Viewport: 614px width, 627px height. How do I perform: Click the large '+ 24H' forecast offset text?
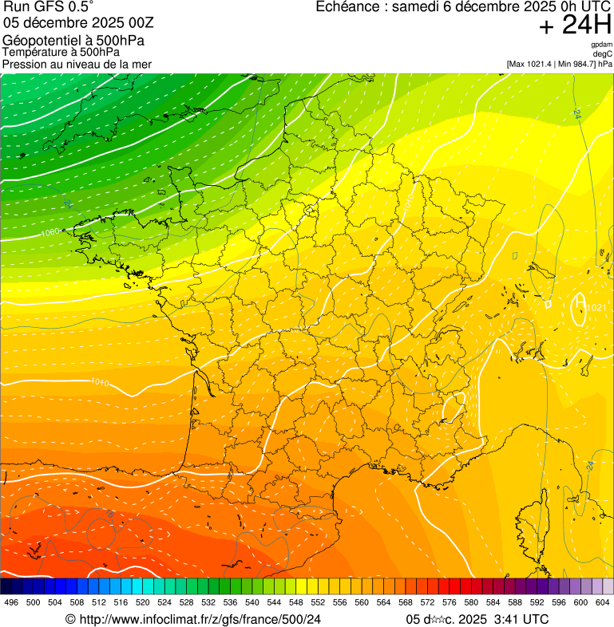pos(575,26)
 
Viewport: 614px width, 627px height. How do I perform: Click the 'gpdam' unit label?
pos(602,45)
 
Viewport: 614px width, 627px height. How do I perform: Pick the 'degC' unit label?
pos(604,54)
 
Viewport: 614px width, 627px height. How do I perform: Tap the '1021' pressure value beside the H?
pos(596,308)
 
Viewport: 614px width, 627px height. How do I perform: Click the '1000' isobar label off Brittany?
pos(50,232)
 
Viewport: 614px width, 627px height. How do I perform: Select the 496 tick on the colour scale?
pos(11,602)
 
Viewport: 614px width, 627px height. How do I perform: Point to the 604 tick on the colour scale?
pos(603,602)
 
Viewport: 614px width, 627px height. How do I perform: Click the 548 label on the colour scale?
pos(295,602)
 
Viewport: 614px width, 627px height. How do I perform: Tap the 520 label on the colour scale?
pos(142,602)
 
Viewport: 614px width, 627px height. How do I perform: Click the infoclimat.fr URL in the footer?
pos(199,619)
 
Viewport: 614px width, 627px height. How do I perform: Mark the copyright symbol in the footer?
pos(70,619)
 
